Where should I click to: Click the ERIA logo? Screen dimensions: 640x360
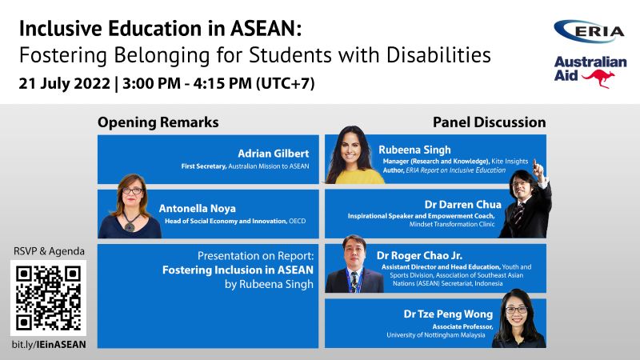pyautogui.click(x=589, y=31)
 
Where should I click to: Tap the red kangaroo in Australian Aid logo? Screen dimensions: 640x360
pyautogui.click(x=599, y=78)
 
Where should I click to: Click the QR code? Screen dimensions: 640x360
pyautogui.click(x=48, y=298)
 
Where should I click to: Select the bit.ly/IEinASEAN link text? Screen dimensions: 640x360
pyautogui.click(x=49, y=345)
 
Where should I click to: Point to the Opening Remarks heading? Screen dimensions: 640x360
pyautogui.click(x=158, y=122)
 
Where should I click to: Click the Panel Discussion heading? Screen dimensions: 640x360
pyautogui.click(x=489, y=122)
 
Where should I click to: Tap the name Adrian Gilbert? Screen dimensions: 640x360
pyautogui.click(x=274, y=154)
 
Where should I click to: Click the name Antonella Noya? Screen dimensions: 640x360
pyautogui.click(x=197, y=209)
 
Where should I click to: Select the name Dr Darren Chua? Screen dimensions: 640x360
pyautogui.click(x=462, y=204)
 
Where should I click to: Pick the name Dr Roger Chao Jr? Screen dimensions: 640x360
pyautogui.click(x=419, y=255)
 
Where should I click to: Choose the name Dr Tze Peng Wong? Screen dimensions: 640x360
pyautogui.click(x=448, y=314)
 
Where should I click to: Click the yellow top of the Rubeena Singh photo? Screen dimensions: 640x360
pyautogui.click(x=359, y=177)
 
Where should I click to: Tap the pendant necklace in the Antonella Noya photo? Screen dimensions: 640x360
pyautogui.click(x=130, y=226)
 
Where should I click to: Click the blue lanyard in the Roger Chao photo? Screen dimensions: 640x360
pyautogui.click(x=354, y=279)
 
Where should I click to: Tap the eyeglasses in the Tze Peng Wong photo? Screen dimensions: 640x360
pyautogui.click(x=516, y=310)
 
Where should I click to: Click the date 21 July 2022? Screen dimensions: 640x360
pyautogui.click(x=65, y=84)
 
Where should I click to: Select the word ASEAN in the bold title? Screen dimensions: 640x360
pyautogui.click(x=266, y=29)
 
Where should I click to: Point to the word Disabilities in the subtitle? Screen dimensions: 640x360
pyautogui.click(x=438, y=54)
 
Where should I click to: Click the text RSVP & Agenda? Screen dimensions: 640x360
pyautogui.click(x=49, y=251)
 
